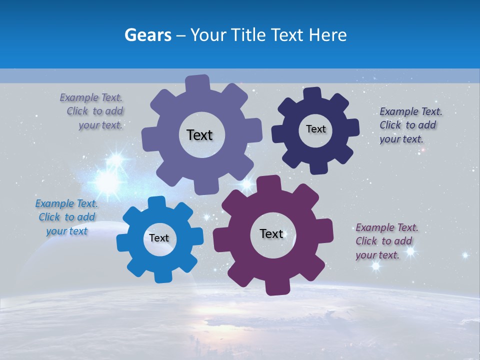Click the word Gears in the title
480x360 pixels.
point(147,35)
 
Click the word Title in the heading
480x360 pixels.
point(252,35)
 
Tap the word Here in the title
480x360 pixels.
point(328,35)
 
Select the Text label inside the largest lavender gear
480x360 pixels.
point(199,135)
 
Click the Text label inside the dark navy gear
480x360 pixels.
point(315,129)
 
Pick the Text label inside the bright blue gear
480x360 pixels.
point(159,238)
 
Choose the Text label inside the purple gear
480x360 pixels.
point(271,233)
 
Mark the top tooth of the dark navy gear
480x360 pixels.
point(312,93)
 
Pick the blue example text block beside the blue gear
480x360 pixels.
point(66,217)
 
